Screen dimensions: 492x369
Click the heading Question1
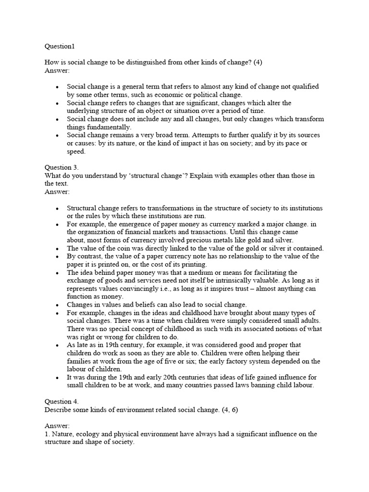tap(60, 47)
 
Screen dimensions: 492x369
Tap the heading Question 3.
tap(61, 168)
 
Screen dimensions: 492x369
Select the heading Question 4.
tap(61, 402)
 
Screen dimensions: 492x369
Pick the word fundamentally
tap(109, 127)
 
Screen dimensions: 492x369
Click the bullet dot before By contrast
tap(57, 257)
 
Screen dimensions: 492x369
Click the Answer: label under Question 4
tap(57, 426)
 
